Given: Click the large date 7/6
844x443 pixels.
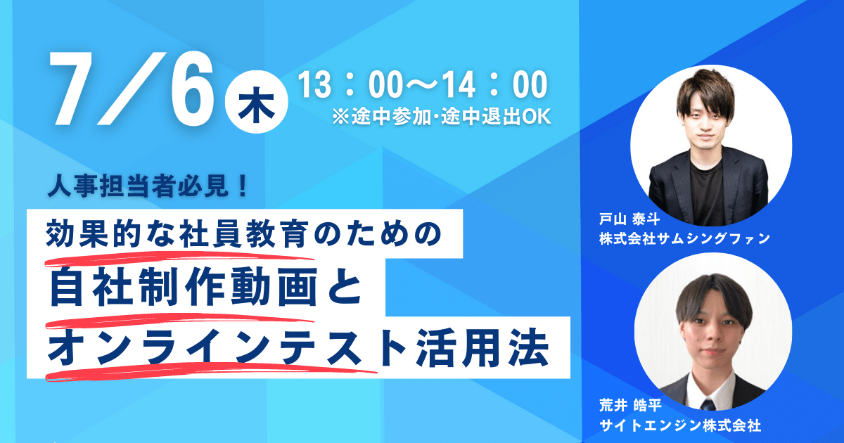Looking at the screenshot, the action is [132, 89].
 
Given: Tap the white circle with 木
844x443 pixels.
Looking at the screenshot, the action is [256, 102].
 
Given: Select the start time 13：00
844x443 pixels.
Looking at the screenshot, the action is [348, 85].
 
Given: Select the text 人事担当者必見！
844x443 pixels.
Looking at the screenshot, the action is [148, 186].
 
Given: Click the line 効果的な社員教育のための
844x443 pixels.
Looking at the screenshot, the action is [243, 233].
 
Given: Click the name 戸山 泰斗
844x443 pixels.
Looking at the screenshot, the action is [629, 219].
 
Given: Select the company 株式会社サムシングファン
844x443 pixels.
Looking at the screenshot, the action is [684, 238].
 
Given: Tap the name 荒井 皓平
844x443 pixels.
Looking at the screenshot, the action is [630, 405].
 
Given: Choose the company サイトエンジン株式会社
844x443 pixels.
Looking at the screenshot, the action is [680, 425].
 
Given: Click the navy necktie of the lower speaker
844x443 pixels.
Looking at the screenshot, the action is [708, 404].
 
